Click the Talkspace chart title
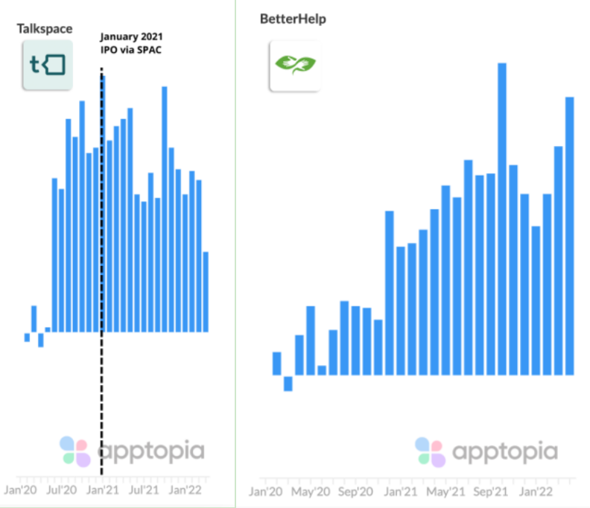(x=44, y=28)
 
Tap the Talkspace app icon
(x=47, y=65)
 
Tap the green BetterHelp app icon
(x=295, y=65)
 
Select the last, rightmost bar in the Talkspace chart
(x=206, y=291)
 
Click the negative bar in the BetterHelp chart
(x=288, y=382)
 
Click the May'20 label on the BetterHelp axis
(x=310, y=492)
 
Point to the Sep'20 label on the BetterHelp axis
(x=355, y=492)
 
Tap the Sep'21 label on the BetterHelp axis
(x=491, y=492)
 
